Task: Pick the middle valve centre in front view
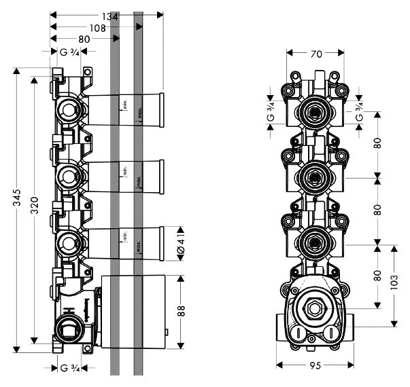[x=313, y=177]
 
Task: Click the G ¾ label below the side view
[x=71, y=369]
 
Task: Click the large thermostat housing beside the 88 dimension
[x=133, y=312]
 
